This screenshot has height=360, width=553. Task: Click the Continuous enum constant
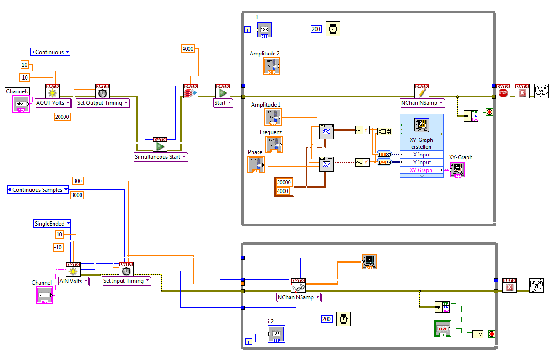coord(50,52)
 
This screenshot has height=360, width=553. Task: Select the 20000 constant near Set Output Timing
coord(62,117)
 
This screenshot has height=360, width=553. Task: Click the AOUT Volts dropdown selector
coord(54,103)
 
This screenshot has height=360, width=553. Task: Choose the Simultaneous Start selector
coord(161,157)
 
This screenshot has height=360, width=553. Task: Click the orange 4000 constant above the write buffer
coord(188,48)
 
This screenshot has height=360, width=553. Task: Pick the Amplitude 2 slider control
coord(272,66)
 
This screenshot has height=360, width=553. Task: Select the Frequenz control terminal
coord(274,145)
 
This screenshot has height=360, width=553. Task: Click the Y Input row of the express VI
coord(421,162)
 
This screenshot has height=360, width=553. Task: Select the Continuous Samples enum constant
coord(38,189)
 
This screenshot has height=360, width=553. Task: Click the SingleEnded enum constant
coord(53,224)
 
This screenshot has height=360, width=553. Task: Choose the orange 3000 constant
coord(77,195)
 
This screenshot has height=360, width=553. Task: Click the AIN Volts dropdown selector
coord(73,281)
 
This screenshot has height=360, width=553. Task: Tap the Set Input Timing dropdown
coord(126,281)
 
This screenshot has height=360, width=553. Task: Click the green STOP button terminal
coord(442,328)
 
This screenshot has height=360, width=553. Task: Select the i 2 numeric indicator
coord(276,334)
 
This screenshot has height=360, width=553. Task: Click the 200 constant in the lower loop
coord(327,319)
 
